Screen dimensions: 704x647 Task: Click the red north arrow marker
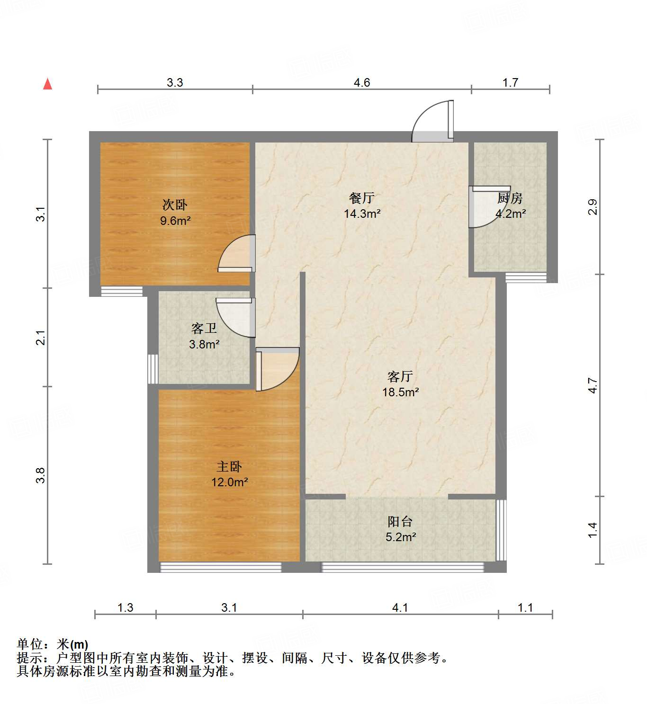click(47, 84)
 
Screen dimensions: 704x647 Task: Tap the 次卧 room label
click(175, 205)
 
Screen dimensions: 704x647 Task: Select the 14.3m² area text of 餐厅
click(362, 214)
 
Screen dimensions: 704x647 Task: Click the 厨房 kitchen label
click(510, 198)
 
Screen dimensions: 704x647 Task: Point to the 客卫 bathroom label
click(204, 329)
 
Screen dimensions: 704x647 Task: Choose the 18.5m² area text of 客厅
click(400, 392)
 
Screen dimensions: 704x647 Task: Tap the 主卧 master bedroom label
click(229, 467)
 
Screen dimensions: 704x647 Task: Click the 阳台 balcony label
click(400, 522)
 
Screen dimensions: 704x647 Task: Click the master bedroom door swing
click(277, 368)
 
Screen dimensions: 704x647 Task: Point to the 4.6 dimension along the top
click(362, 83)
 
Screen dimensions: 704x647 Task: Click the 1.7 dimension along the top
click(510, 83)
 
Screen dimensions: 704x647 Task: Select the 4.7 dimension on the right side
click(593, 385)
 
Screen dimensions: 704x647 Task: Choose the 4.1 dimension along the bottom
click(400, 607)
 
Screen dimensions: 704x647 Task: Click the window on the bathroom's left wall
click(153, 369)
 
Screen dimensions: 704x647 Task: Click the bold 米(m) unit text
click(72, 644)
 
